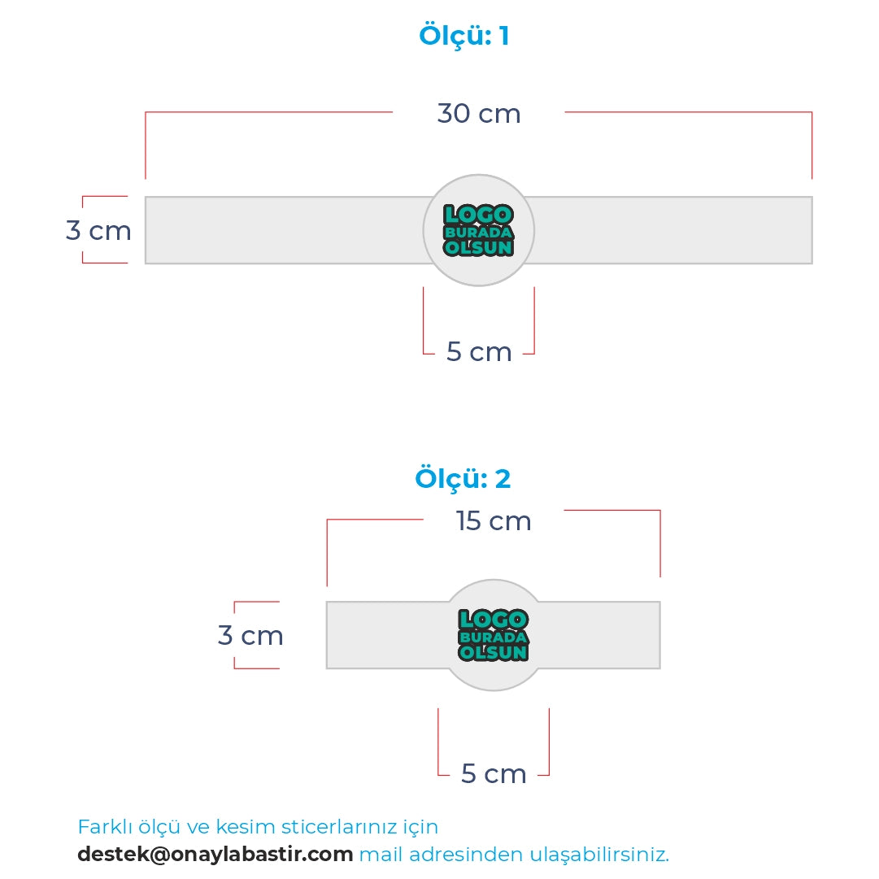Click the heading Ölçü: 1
point(463,37)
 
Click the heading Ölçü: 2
point(463,478)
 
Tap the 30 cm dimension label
point(479,114)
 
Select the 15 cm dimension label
point(494,521)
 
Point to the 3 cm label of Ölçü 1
point(98,231)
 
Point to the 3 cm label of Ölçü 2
point(250,636)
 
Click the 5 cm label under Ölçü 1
point(479,352)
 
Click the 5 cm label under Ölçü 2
point(494,773)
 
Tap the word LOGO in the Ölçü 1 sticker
point(478,215)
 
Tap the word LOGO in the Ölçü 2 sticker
point(493,620)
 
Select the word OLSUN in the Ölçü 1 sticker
point(479,247)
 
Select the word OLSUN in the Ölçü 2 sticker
point(494,652)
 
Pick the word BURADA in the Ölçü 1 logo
point(479,232)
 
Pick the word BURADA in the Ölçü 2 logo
point(494,637)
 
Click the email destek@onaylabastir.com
point(215,855)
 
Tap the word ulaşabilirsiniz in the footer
point(599,855)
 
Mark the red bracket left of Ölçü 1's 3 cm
point(84,230)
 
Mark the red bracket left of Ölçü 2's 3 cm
point(236,635)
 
